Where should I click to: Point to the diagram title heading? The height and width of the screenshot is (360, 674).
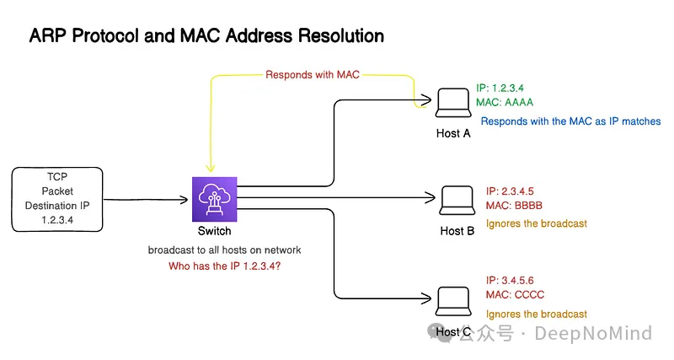(x=206, y=36)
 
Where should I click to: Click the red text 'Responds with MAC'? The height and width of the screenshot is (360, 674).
(x=313, y=74)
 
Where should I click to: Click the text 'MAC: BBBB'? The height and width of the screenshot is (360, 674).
(x=515, y=206)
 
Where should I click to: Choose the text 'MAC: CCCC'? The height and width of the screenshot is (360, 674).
(x=515, y=294)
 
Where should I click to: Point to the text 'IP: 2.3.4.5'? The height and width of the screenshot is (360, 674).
(x=511, y=191)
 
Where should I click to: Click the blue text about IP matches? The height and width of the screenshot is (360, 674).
(x=570, y=121)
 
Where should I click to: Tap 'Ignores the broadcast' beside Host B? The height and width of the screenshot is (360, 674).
(x=537, y=224)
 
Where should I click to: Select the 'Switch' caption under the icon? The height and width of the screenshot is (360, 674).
(x=214, y=231)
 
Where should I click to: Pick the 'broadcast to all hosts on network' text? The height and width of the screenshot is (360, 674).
(x=224, y=250)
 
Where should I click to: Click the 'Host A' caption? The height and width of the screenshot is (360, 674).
(x=453, y=133)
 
